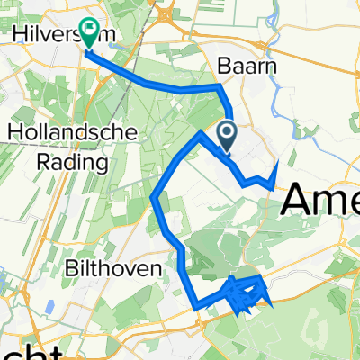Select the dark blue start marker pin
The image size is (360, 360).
click(227, 136)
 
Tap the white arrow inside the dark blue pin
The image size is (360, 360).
click(227, 133)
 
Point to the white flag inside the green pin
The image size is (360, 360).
click(90, 30)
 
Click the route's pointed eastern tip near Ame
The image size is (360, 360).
click(276, 164)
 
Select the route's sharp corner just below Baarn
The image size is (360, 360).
click(221, 86)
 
